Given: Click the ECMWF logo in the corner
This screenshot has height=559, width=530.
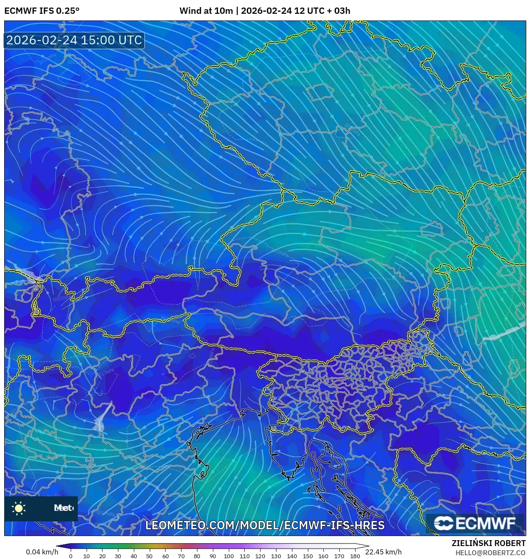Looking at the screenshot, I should [x=475, y=523].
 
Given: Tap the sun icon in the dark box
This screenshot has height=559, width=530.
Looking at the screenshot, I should [x=19, y=508].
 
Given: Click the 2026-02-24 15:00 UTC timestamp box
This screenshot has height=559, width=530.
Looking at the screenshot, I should [x=74, y=40].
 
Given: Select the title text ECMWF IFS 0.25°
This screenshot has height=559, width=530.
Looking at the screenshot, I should [x=42, y=11].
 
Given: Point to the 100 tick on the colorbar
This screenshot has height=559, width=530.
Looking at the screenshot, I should [x=228, y=556].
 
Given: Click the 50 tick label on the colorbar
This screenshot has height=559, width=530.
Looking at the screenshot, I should [x=150, y=556].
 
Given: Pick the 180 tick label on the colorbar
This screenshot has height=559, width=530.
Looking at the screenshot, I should [x=355, y=556].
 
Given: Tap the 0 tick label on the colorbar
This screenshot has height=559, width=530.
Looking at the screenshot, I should [x=71, y=556].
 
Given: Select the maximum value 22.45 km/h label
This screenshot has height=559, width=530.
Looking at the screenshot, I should [x=383, y=552].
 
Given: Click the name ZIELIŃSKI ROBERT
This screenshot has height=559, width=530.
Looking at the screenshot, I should [x=489, y=543].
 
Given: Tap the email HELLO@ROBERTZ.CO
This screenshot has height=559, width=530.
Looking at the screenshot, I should [x=490, y=553].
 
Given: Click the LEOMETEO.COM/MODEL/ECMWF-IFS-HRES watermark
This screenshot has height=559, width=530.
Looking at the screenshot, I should [x=265, y=525].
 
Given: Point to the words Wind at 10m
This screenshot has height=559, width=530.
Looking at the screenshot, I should [x=206, y=11].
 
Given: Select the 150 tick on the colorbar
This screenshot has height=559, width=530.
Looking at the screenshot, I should [x=307, y=556].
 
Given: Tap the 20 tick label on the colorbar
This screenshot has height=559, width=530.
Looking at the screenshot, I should [x=102, y=556].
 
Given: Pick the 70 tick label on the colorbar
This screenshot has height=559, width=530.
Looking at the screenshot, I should [x=181, y=556].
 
